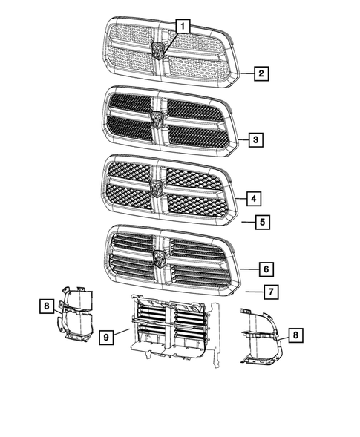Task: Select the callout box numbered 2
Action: coord(261,73)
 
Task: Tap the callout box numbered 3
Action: coord(255,139)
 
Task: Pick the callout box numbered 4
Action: coord(254,199)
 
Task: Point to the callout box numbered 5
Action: coord(261,221)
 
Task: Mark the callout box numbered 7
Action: coord(272,292)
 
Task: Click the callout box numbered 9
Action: coord(107,337)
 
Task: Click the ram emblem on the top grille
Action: coord(158,50)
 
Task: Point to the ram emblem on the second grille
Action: coord(157,119)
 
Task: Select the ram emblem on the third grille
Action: coord(156,185)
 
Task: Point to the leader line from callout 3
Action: coord(242,139)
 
